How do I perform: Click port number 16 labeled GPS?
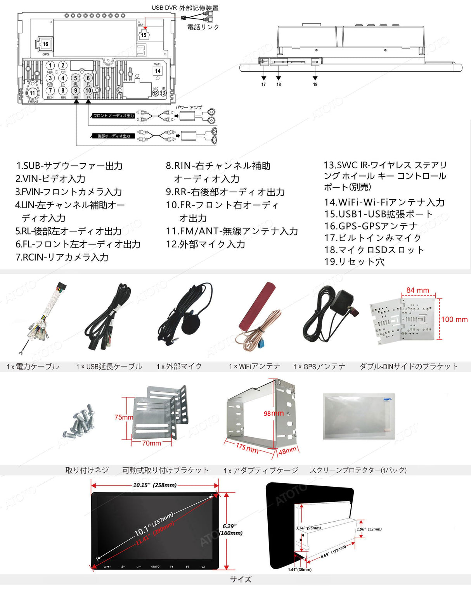coord(45,44)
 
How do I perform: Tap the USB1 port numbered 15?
coord(144,35)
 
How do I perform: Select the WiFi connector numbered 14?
coord(158,71)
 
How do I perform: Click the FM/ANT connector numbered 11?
coord(33,93)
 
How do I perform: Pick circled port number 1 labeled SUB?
coord(50,66)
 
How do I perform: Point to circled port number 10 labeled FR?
coord(88,91)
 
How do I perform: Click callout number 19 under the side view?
coord(315,84)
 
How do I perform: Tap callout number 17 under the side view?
coord(263,84)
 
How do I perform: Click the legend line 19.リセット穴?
coord(354,262)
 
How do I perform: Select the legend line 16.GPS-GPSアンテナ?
coord(371,226)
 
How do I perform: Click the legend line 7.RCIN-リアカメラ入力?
coord(62,257)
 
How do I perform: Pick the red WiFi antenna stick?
coord(257,306)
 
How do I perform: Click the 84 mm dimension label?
coord(417,290)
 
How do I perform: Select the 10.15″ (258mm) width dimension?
coord(155,485)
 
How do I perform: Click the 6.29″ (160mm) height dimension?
coord(232,530)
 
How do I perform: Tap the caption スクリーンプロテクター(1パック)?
coord(358,470)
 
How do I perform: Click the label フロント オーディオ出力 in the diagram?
coord(113,116)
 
